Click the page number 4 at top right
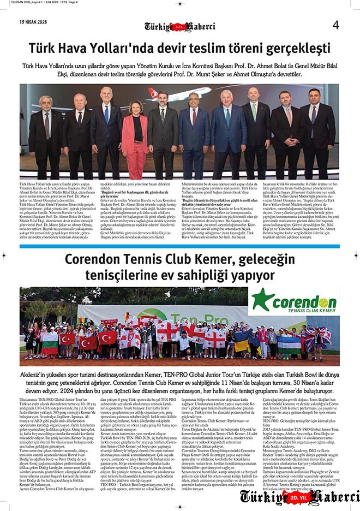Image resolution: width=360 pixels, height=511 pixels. coord(335,25)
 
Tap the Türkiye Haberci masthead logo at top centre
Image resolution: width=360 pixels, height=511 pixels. coord(179,26)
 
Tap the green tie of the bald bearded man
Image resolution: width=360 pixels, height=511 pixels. coord(254,111)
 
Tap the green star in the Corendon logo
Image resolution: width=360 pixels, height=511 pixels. coord(262,300)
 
